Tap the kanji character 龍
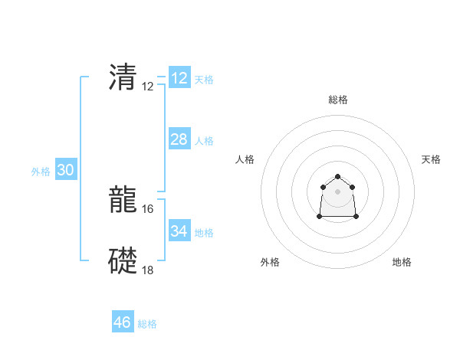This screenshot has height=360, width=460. pos(123,201)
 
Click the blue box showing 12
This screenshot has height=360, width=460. pos(179,78)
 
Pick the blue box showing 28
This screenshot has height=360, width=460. pos(179,139)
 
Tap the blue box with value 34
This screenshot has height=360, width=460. pos(179,231)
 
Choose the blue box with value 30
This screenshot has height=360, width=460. pos(65,171)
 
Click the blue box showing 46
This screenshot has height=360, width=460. pos(123,322)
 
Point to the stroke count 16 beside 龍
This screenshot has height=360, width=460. pos(148,208)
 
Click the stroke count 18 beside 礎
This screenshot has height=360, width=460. pos(148,270)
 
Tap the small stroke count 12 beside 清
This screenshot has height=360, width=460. pos(148,86)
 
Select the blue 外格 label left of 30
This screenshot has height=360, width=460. pos(41,172)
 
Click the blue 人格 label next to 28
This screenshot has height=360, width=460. pos(204,141)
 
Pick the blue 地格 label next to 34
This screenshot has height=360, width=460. pos(204,232)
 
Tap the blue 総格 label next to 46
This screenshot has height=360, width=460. pos(147,324)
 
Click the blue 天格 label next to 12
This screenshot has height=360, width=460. pos(204,80)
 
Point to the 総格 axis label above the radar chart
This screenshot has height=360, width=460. pos(338,100)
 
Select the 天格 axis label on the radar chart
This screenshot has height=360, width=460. pos(432,159)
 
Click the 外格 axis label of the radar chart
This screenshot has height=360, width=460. pos(270,262)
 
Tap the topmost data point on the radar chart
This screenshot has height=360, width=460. pos(337,177)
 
